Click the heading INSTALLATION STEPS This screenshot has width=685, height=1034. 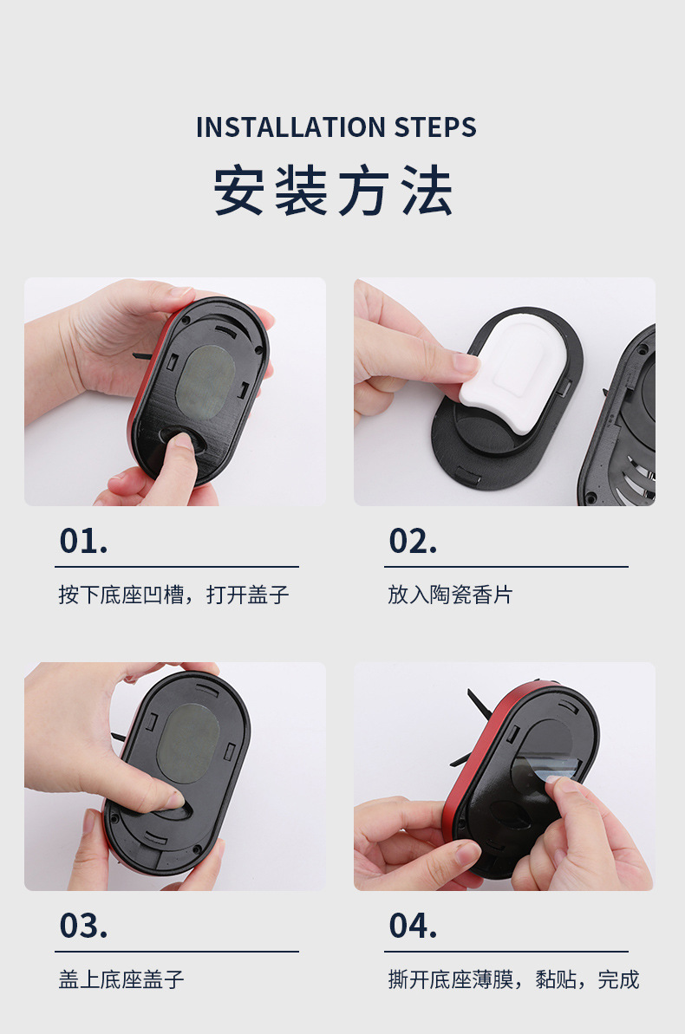click(x=336, y=127)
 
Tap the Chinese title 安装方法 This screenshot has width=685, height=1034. click(x=334, y=192)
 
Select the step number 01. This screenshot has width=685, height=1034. click(x=83, y=541)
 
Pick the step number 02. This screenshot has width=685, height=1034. click(x=413, y=541)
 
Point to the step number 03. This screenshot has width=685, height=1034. click(x=83, y=926)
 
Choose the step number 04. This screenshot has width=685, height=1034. click(x=413, y=926)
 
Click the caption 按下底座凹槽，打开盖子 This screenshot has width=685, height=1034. click(x=173, y=595)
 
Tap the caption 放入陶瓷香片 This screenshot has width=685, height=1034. click(x=450, y=595)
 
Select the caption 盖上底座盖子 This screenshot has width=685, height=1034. click(x=121, y=980)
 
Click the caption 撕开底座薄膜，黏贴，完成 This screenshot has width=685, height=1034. click(x=513, y=980)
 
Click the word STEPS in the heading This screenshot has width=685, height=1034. click(x=435, y=127)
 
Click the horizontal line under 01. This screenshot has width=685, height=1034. click(x=177, y=567)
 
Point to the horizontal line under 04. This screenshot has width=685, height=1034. click(x=506, y=952)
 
